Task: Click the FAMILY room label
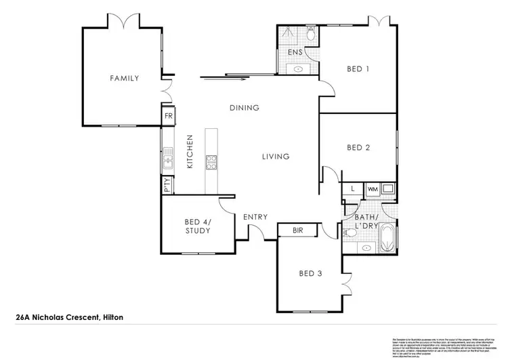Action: [x=125, y=79]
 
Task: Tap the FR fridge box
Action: [x=167, y=117]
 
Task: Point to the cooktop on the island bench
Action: [x=211, y=161]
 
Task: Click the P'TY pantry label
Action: [x=167, y=185]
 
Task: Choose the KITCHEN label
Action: [x=190, y=152]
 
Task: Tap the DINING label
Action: [x=245, y=108]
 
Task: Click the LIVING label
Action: [x=276, y=157]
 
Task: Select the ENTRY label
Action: [x=255, y=217]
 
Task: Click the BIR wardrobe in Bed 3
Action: [x=297, y=231]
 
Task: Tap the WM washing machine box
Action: [x=372, y=188]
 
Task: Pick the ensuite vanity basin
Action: [x=298, y=68]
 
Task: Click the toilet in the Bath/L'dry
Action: [x=350, y=233]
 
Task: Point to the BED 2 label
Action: [x=358, y=148]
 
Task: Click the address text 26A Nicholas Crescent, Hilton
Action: [x=69, y=317]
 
